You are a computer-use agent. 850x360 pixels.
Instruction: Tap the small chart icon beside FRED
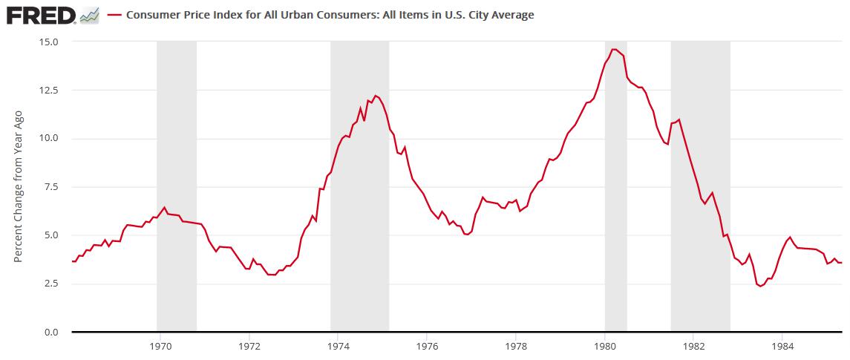click(90, 15)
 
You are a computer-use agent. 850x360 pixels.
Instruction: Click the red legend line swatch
click(114, 15)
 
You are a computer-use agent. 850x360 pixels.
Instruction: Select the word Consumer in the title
click(151, 15)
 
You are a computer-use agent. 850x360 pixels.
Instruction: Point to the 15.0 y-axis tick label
click(49, 42)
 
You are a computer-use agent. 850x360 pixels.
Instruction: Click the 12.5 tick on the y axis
click(49, 91)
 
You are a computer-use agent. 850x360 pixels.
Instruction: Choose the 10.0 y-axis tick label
click(49, 139)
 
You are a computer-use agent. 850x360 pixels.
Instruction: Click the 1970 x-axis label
click(161, 345)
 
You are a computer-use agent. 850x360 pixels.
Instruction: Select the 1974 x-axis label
click(339, 345)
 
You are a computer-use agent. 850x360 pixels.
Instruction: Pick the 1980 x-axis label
click(605, 345)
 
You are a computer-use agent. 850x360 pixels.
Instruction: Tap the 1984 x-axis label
click(782, 345)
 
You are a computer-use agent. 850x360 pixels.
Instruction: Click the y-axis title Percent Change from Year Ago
click(19, 186)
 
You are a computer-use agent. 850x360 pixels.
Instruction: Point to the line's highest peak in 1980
click(614, 50)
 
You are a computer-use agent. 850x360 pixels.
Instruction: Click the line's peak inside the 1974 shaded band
click(376, 96)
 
